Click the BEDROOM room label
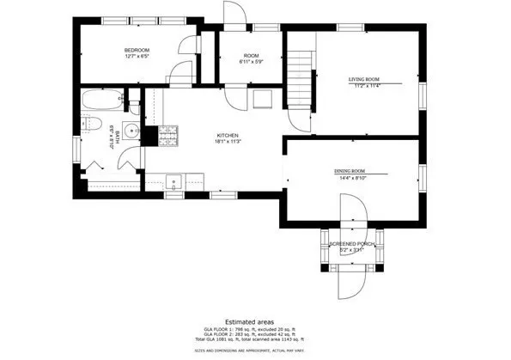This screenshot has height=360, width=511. [x=136, y=51]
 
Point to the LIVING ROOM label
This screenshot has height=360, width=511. [x=363, y=78]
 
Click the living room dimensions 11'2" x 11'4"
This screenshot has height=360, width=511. [x=363, y=85]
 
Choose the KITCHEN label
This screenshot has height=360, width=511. [x=227, y=136]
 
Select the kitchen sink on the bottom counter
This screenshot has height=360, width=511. [x=175, y=181]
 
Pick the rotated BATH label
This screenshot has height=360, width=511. [x=111, y=137]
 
